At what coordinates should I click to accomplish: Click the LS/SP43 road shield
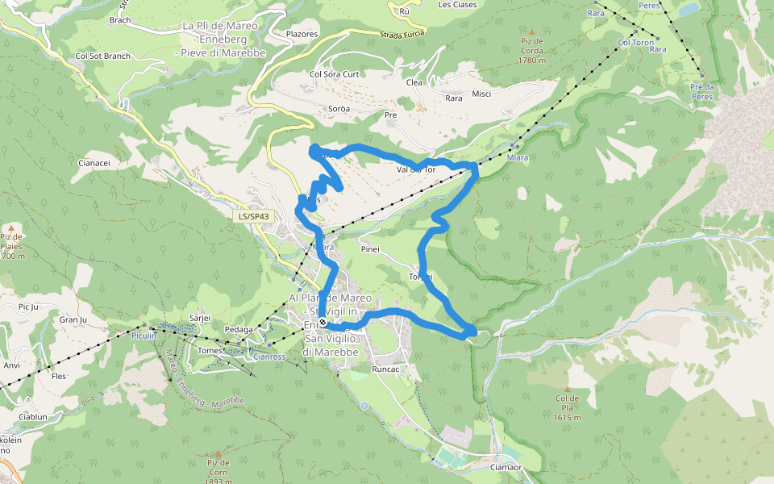pos(254,217)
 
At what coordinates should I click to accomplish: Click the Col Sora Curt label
pos(334,74)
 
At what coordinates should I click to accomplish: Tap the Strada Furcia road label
pos(402,35)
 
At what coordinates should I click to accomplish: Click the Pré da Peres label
pos(702,91)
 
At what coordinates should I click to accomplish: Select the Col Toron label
pos(635,43)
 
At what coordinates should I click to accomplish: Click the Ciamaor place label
pos(506,467)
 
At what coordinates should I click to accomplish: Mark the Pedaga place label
pos(239,329)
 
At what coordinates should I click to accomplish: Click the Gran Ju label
pos(73,319)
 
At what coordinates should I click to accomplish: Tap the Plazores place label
pos(302,35)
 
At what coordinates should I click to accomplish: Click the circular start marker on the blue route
pos(322,323)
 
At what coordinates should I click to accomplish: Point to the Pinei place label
pos(370,249)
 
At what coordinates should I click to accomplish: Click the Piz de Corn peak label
pos(218,473)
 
